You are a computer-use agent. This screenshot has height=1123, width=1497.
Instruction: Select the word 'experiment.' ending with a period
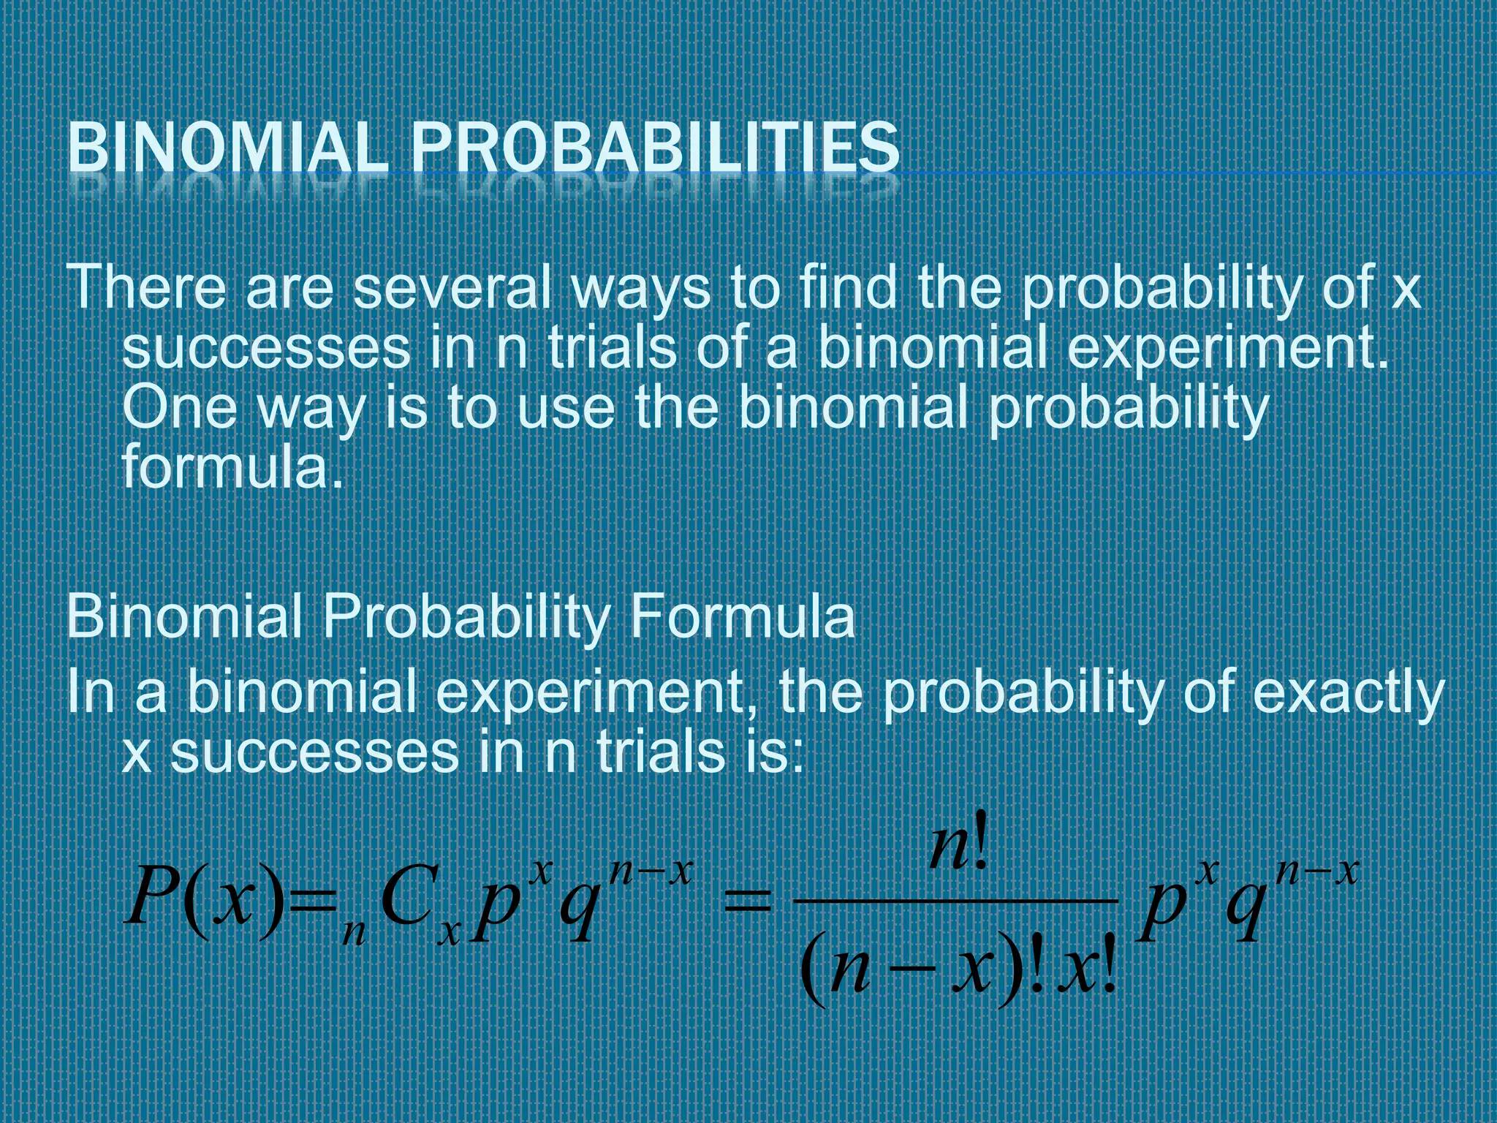[x=1227, y=349]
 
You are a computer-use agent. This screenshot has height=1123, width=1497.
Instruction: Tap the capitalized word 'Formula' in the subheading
[x=742, y=616]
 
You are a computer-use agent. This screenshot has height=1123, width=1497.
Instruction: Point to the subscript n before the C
[x=354, y=933]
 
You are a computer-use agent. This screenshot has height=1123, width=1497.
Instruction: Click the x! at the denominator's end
[x=1089, y=974]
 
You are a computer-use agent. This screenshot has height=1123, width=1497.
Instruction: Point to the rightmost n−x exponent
[x=1316, y=873]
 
